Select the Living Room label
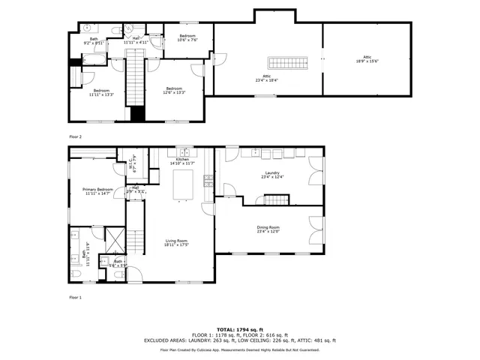coord(177,242)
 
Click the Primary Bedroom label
coord(97,191)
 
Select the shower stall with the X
coord(115,239)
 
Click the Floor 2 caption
coord(75,136)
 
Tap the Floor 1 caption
coord(75,298)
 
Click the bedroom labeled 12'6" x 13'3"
coord(175,91)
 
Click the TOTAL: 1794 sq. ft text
coord(240,329)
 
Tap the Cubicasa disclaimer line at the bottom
coord(240,349)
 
